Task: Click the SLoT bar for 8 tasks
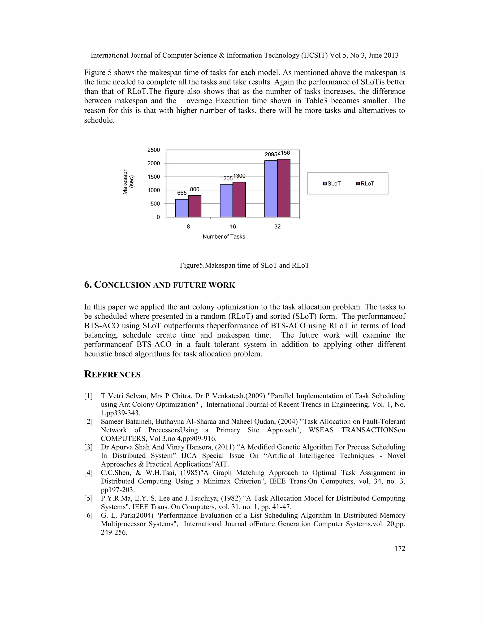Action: tap(182, 208)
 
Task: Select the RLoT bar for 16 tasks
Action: tap(239, 200)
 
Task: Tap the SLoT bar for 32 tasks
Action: tap(271, 189)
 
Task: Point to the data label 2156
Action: tap(284, 153)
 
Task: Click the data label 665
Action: tap(182, 193)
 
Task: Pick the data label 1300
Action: tap(239, 176)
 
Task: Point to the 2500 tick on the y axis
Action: tap(154, 150)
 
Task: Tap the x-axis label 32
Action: tap(277, 227)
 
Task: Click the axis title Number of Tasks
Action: tap(224, 237)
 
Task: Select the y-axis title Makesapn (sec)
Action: tap(128, 181)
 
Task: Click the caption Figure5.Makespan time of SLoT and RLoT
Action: tap(244, 266)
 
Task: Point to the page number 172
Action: tap(400, 549)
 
